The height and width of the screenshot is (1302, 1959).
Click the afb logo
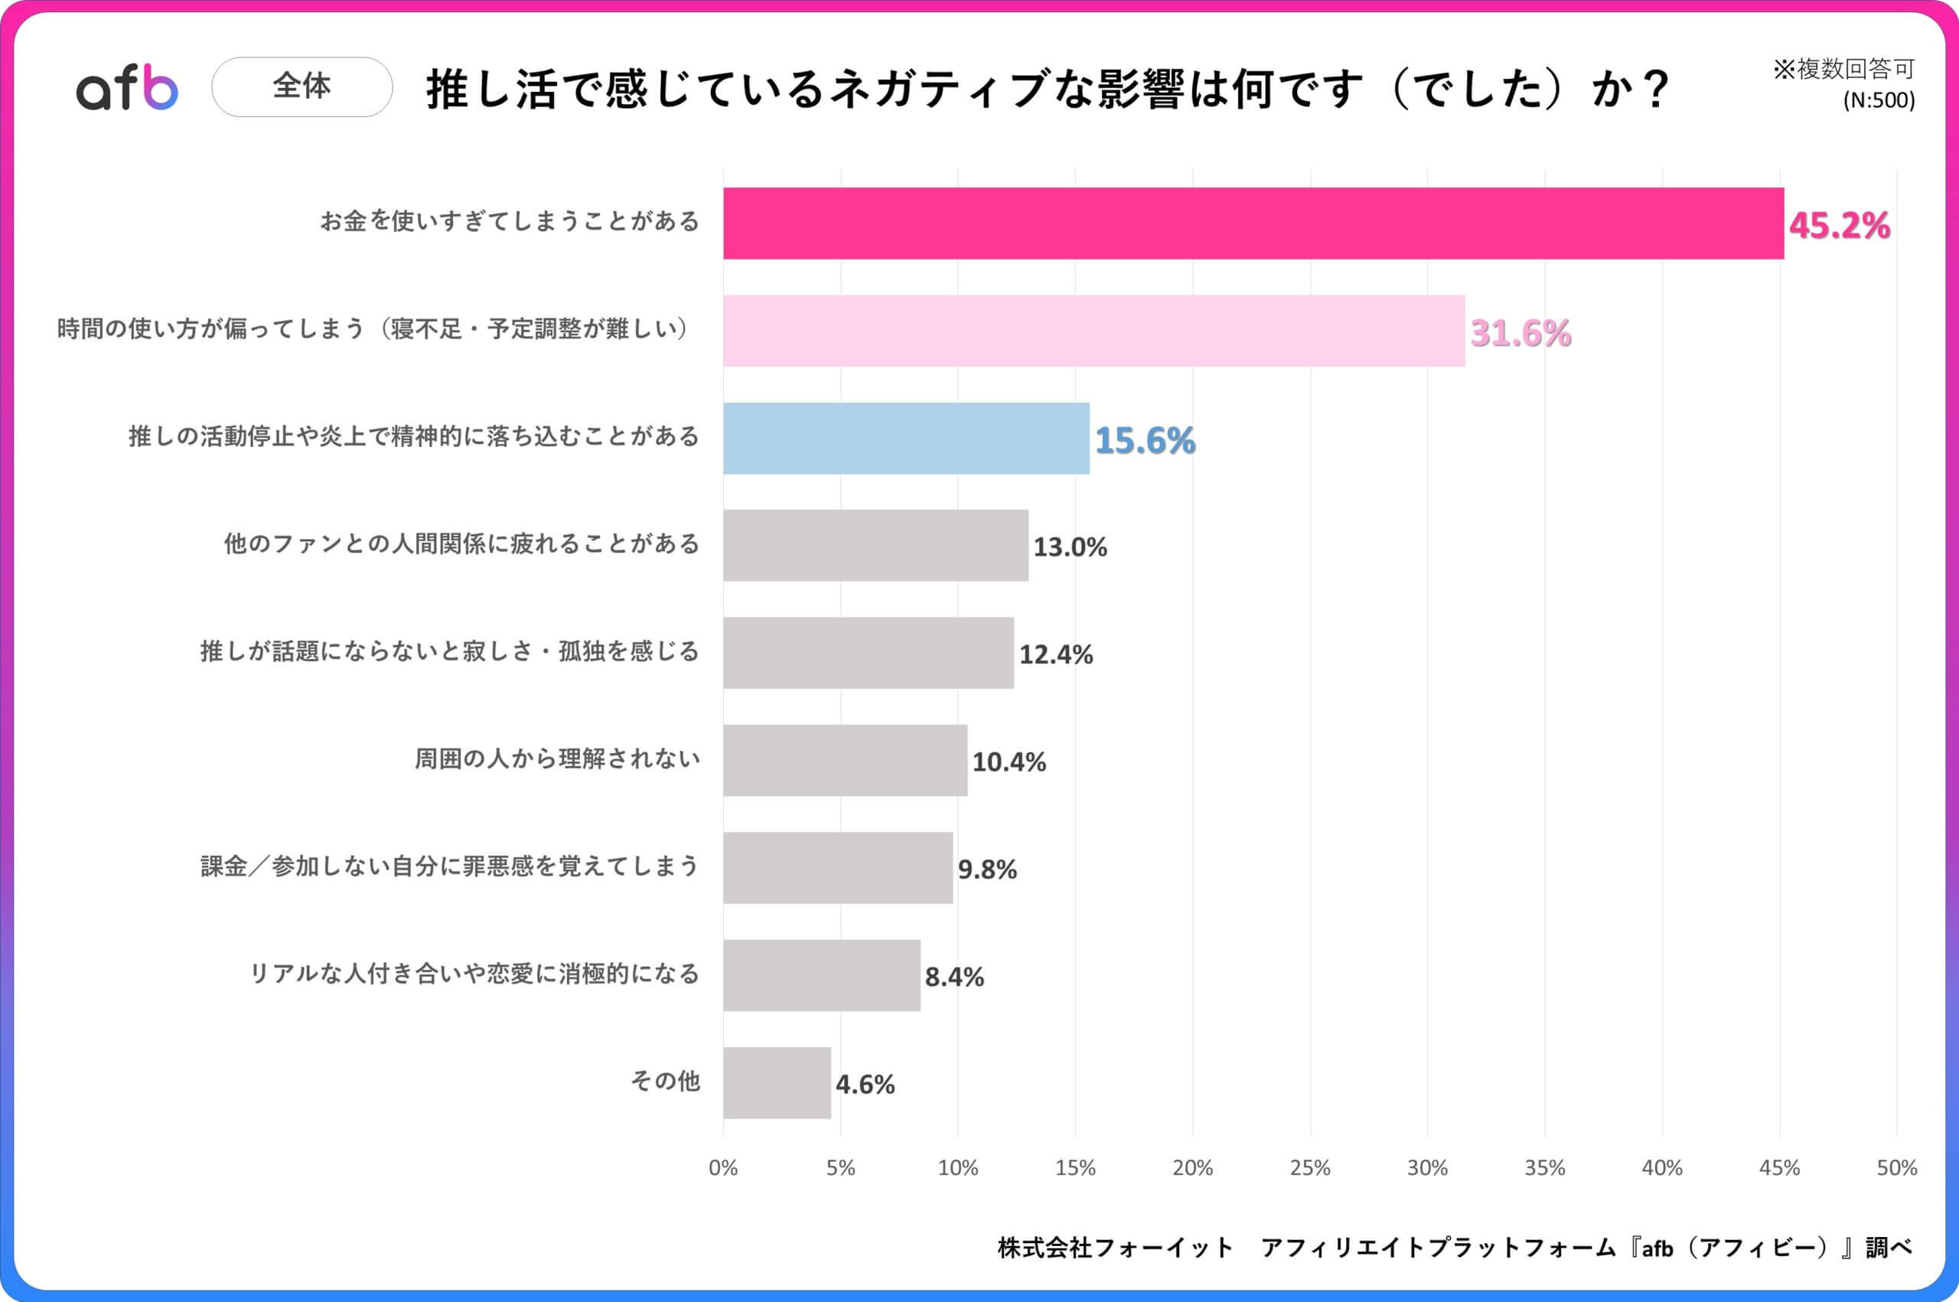click(x=127, y=88)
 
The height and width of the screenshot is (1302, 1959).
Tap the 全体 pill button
click(x=302, y=86)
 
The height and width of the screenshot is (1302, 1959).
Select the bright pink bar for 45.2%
click(x=1253, y=224)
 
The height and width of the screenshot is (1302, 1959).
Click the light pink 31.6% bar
click(x=1094, y=331)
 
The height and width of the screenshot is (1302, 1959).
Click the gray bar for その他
click(x=776, y=1083)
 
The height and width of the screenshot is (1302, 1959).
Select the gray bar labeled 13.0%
click(x=875, y=546)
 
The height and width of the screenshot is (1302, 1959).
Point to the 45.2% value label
click(x=1839, y=226)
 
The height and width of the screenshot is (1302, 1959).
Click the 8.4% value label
click(x=953, y=977)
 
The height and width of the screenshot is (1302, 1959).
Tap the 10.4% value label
click(x=1008, y=762)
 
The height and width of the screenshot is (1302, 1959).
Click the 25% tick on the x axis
click(x=1309, y=1168)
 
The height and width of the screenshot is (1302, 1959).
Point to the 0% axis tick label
click(x=723, y=1168)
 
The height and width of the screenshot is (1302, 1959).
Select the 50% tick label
click(x=1896, y=1168)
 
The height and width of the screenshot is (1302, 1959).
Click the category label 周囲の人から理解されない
click(x=557, y=759)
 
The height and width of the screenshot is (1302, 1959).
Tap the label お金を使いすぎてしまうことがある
click(x=510, y=222)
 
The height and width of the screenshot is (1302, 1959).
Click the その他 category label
click(x=665, y=1081)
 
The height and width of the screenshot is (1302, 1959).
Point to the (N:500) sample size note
click(x=1879, y=100)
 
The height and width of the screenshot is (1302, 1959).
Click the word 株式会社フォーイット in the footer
click(x=1115, y=1247)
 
